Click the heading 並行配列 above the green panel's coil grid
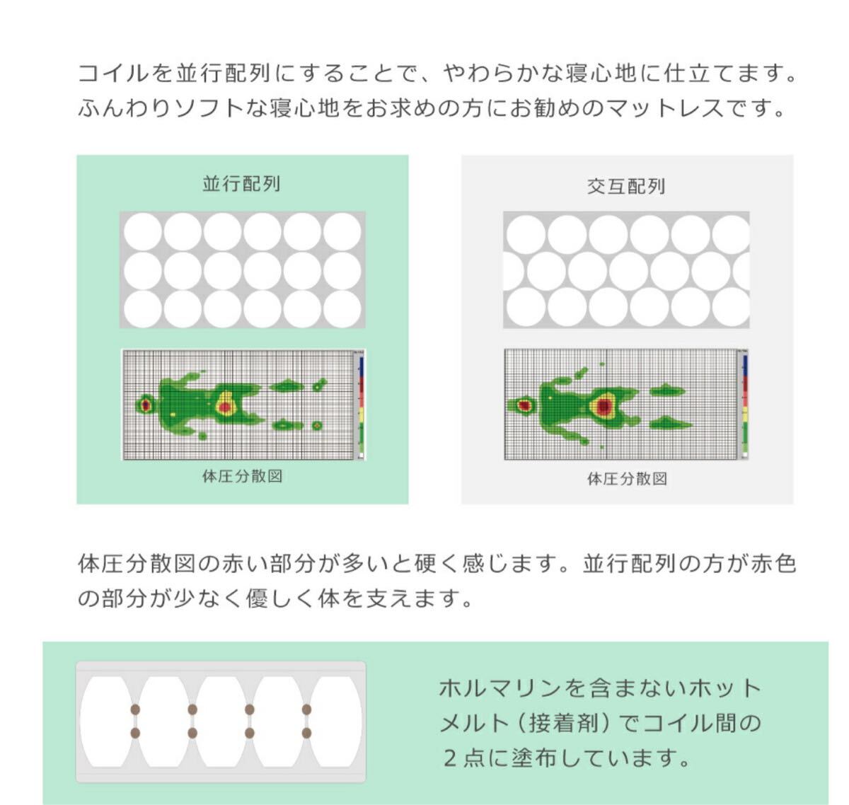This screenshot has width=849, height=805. pyautogui.click(x=241, y=184)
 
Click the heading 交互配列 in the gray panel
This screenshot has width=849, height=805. pyautogui.click(x=625, y=187)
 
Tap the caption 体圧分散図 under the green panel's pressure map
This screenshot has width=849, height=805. pyautogui.click(x=242, y=476)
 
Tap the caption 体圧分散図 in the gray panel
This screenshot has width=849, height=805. pyautogui.click(x=627, y=478)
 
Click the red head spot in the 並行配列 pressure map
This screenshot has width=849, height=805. pyautogui.click(x=146, y=405)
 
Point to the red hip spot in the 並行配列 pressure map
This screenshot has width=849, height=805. pyautogui.click(x=225, y=406)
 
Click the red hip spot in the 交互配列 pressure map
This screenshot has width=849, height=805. pyautogui.click(x=603, y=406)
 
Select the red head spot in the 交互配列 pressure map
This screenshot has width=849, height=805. pyautogui.click(x=525, y=405)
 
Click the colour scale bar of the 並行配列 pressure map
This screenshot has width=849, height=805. pyautogui.click(x=362, y=406)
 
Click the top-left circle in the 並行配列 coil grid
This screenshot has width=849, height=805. pyautogui.click(x=143, y=232)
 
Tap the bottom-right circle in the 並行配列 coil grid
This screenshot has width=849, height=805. pyautogui.click(x=342, y=309)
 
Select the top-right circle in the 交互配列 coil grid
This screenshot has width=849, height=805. pyautogui.click(x=730, y=235)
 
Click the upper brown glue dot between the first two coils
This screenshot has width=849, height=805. pyautogui.click(x=135, y=709)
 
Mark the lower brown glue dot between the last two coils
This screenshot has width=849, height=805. pyautogui.click(x=306, y=733)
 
